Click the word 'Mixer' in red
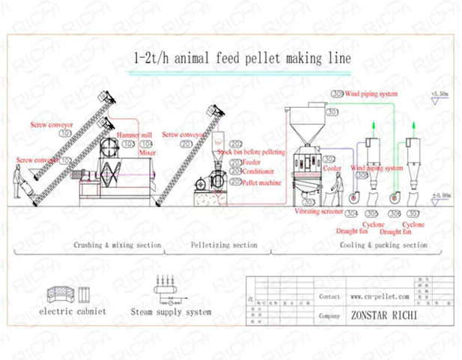click(x=147, y=152)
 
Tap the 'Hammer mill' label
click(x=136, y=135)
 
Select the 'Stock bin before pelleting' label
click(x=251, y=152)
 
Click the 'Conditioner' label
click(x=257, y=171)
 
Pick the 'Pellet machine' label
click(x=260, y=180)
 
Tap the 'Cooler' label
click(x=332, y=168)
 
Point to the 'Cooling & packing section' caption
click(x=383, y=245)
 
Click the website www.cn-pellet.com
click(x=380, y=296)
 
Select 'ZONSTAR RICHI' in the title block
click(x=384, y=315)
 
